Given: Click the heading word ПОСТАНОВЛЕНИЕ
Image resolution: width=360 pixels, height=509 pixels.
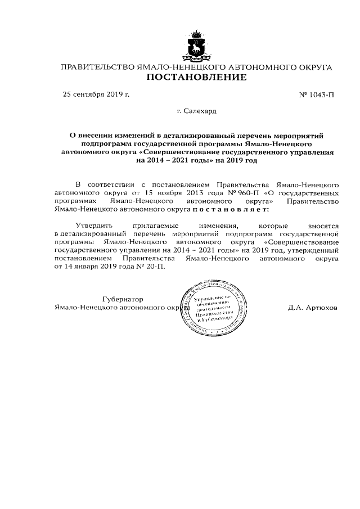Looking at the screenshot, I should (196, 78).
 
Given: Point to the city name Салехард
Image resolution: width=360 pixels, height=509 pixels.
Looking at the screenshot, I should (200, 111).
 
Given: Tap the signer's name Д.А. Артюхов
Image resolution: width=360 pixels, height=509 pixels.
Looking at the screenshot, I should (312, 308).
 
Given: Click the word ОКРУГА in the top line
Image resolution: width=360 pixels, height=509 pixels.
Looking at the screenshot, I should (314, 67).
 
